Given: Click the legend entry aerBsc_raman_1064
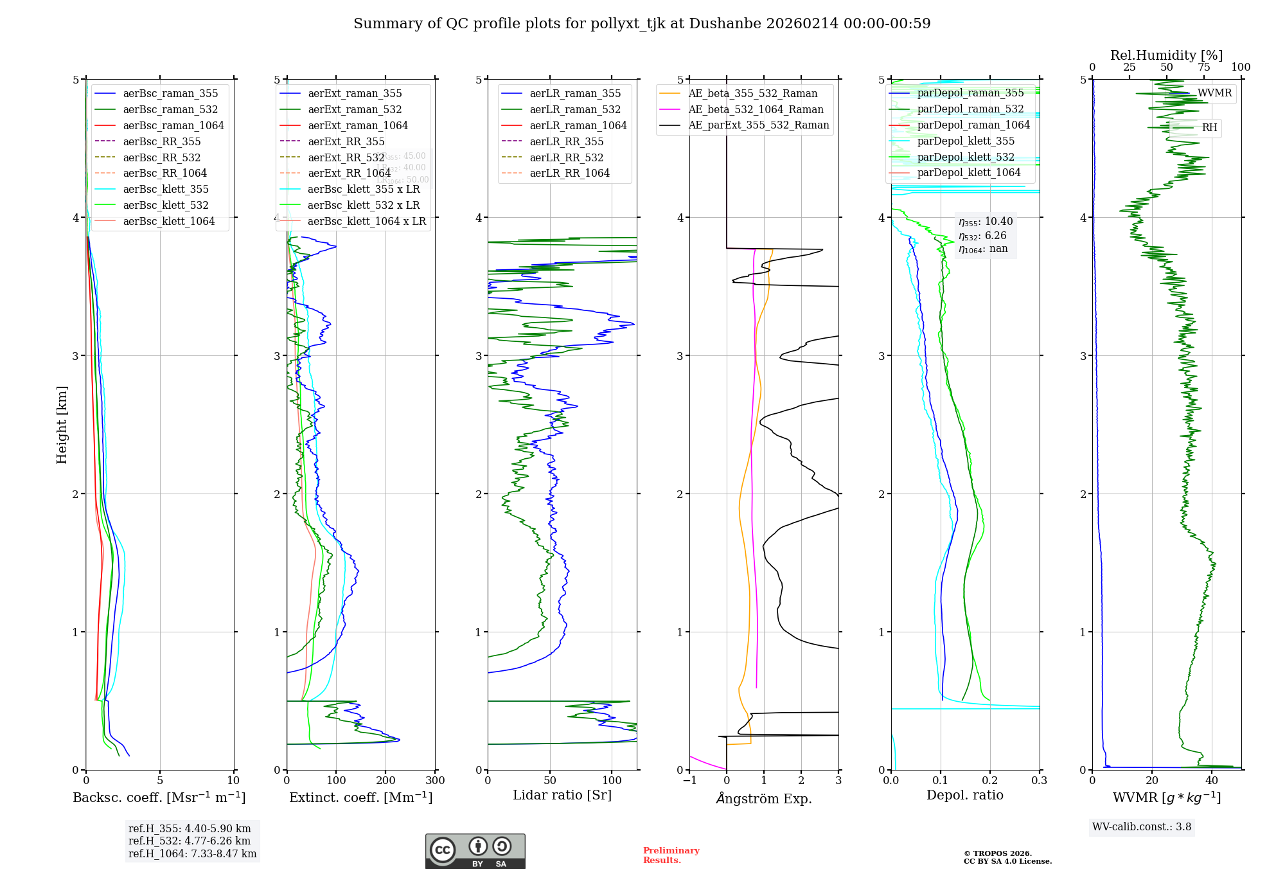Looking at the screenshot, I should point(173,125).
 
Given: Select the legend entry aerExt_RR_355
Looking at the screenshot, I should point(346,141).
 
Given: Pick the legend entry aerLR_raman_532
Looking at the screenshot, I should point(575,109).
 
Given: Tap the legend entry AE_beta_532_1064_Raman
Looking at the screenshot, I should point(756,109).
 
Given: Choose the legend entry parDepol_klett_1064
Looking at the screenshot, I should point(968,172).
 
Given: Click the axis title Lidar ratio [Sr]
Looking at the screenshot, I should point(562,795).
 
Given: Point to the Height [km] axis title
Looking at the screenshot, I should point(62,425).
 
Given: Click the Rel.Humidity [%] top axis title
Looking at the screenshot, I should point(1166,55).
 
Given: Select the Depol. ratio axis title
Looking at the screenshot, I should point(964,795).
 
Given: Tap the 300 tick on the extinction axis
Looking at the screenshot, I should point(435,780).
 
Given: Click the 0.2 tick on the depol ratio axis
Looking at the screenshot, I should point(990,780).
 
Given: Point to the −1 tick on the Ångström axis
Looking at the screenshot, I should point(689,780).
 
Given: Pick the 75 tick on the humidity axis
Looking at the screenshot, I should point(1203,67).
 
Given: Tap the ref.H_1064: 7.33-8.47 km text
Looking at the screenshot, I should point(192,853).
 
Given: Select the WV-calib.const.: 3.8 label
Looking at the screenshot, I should point(1142,826).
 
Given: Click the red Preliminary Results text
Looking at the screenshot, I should point(671,855).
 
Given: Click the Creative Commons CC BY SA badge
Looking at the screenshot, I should point(475,851).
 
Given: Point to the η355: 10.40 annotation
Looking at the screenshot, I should point(986,222).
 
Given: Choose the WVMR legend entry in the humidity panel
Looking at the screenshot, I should point(1214,93).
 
